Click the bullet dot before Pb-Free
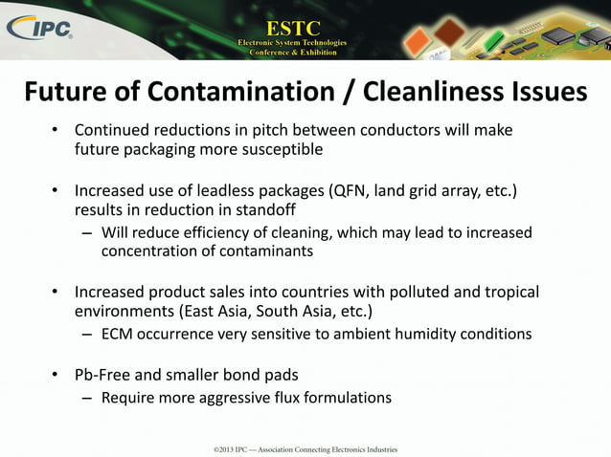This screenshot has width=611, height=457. pyautogui.click(x=56, y=374)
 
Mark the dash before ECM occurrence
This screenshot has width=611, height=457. pyautogui.click(x=87, y=335)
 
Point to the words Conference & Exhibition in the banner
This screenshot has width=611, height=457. pyautogui.click(x=293, y=53)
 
